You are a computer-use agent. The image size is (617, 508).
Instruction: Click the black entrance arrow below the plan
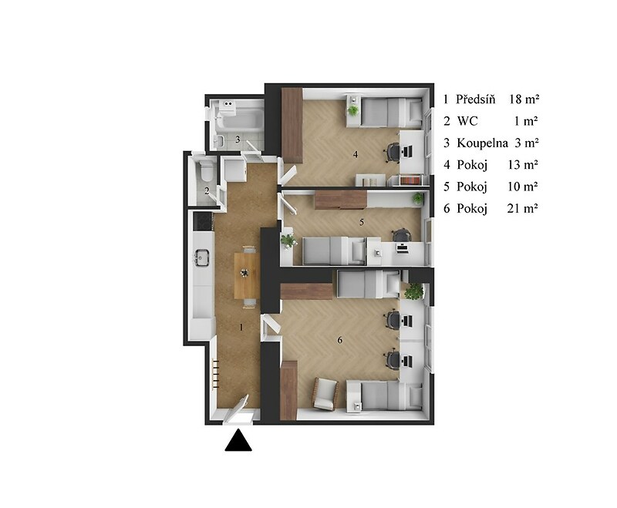[x=238, y=440]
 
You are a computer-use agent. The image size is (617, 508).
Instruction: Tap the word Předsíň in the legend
[x=475, y=99]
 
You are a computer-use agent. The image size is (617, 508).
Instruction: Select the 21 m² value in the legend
[x=523, y=208]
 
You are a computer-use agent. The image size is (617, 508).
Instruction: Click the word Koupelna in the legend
[x=482, y=143]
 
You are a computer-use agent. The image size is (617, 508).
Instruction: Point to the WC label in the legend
[x=467, y=121]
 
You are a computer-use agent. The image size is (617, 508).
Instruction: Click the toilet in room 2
[x=206, y=171]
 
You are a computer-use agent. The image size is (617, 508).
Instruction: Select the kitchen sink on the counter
[x=201, y=257]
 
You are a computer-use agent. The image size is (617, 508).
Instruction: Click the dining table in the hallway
[x=247, y=275]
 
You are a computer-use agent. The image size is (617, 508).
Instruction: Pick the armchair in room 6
[x=325, y=394]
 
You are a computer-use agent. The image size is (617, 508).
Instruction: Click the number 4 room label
[x=356, y=154]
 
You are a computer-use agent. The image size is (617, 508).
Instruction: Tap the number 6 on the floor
[x=340, y=340]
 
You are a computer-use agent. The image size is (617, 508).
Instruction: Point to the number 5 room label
[x=362, y=223]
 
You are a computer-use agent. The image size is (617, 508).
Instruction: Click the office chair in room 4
[x=393, y=152]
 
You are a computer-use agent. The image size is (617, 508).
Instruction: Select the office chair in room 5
[x=401, y=236]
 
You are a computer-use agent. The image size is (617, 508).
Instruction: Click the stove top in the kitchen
[x=202, y=221]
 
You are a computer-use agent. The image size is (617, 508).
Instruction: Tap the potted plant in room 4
[x=353, y=110]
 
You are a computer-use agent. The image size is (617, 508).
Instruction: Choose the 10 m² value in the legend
[x=523, y=187]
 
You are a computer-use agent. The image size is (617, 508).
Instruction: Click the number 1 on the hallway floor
[x=241, y=327]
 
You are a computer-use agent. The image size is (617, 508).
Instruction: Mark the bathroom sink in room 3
[x=219, y=140]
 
